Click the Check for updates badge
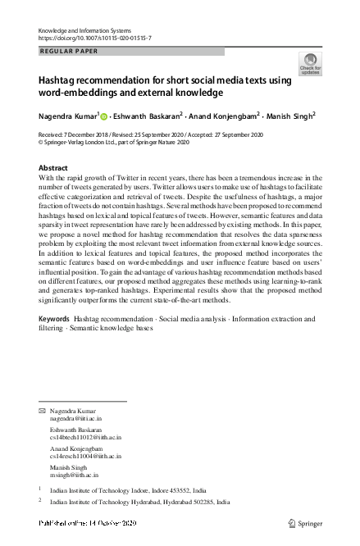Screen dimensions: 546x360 (x=311, y=63)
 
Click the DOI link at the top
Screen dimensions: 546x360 (x=95, y=39)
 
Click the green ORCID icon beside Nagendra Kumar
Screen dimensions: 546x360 (x=103, y=116)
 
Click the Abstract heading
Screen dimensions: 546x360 (x=54, y=167)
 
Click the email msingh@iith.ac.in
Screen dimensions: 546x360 (x=75, y=475)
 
